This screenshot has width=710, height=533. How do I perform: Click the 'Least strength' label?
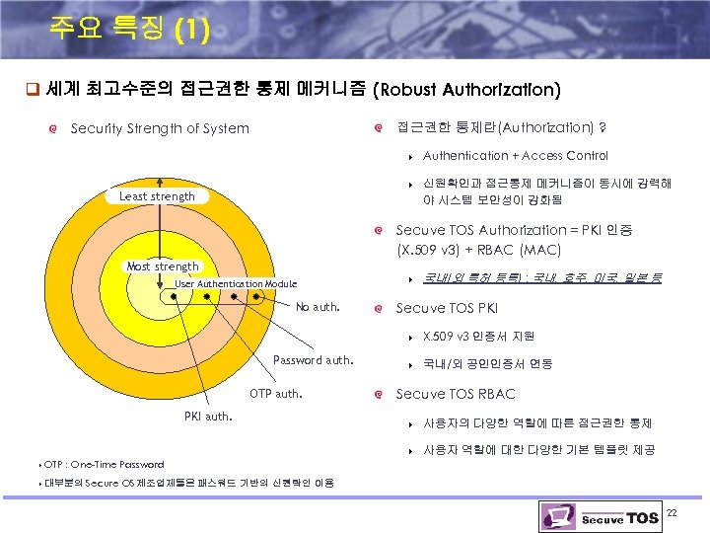click(157, 196)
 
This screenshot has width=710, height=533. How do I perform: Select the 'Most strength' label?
click(163, 266)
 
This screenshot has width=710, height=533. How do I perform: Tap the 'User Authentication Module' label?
click(236, 284)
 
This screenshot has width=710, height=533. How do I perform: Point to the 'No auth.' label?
click(317, 307)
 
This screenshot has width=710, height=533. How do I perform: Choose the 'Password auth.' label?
click(313, 359)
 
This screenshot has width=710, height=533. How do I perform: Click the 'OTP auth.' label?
click(276, 394)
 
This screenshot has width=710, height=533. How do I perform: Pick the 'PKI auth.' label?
click(208, 416)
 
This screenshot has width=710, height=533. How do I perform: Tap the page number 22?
click(672, 512)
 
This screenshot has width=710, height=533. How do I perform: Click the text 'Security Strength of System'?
click(160, 128)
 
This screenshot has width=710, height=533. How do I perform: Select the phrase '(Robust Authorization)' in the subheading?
click(467, 90)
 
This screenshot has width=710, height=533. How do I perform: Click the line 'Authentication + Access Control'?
click(515, 156)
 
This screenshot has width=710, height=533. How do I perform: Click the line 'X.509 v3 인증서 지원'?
click(478, 337)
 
